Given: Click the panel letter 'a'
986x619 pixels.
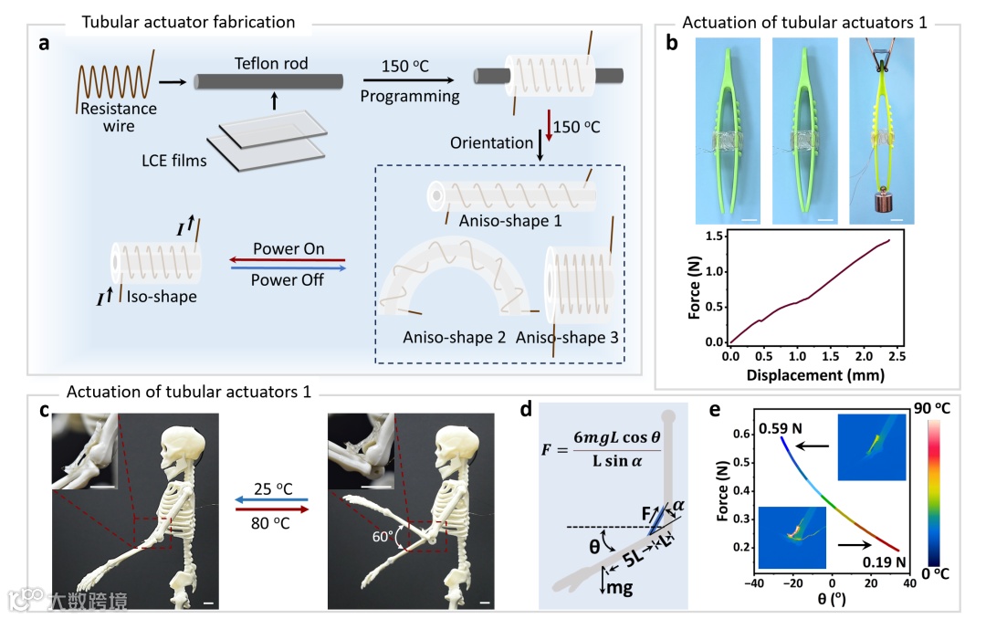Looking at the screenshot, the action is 43,46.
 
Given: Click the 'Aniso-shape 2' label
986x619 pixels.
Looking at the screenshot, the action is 455,338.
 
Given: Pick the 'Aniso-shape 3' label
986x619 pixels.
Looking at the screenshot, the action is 567,338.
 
